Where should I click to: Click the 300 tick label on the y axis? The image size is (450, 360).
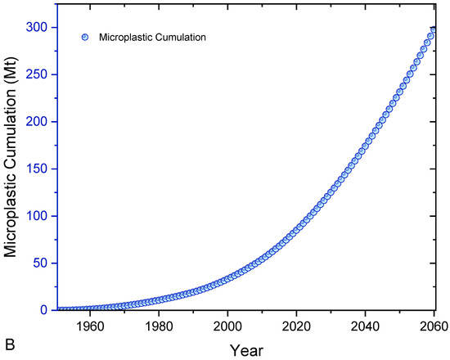click(38, 27)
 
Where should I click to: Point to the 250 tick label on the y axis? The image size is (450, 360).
click(38, 74)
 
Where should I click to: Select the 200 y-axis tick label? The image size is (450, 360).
click(38, 121)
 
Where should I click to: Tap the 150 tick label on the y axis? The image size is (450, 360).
click(38, 169)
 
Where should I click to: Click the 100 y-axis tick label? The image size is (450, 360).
click(38, 216)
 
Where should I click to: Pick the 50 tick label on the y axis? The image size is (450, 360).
click(41, 263)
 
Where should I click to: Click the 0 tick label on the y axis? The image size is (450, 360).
click(44, 310)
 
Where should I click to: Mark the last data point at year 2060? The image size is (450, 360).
click(434, 29)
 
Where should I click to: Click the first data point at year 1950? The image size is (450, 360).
click(56, 309)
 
